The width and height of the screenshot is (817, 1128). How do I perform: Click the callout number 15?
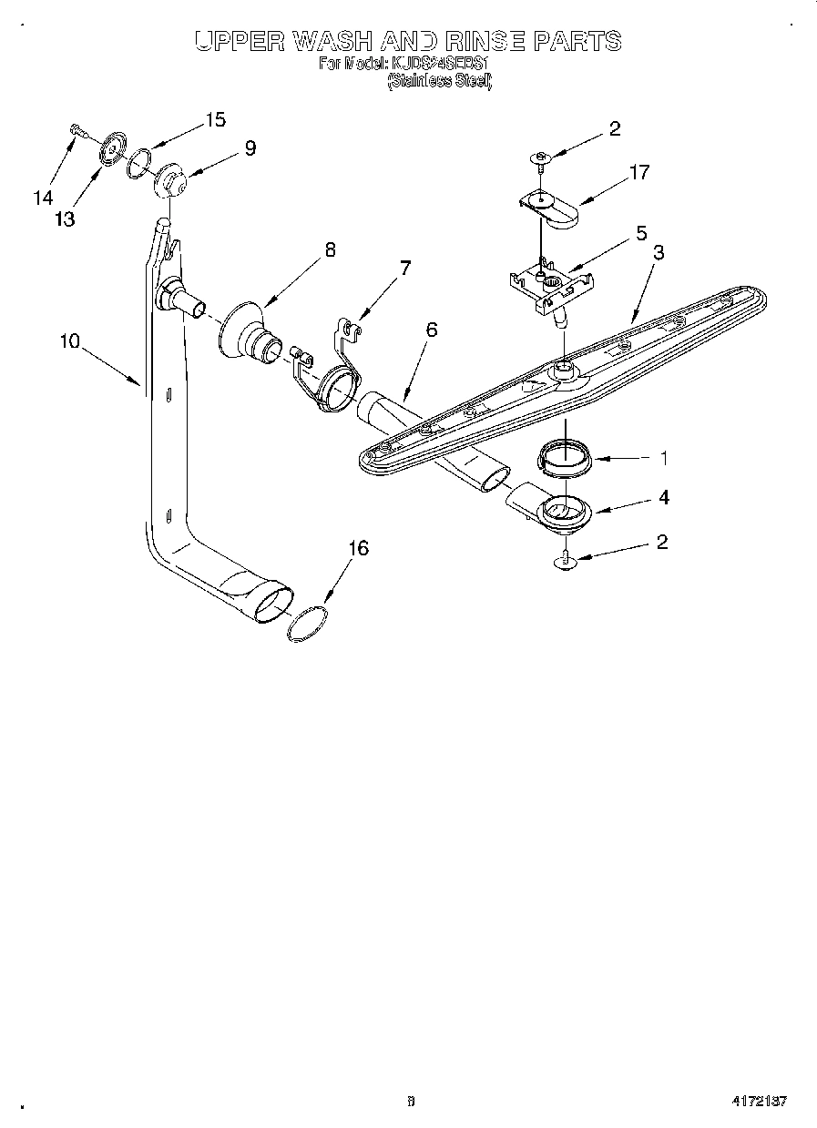[215, 119]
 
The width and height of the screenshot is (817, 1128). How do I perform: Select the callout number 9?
[250, 147]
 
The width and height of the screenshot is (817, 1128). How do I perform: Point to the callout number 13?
[64, 218]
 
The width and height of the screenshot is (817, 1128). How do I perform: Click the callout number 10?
[70, 341]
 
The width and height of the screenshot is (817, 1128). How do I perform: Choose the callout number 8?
[330, 249]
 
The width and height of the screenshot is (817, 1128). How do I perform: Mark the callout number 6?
[431, 329]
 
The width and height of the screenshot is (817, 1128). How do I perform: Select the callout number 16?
[359, 547]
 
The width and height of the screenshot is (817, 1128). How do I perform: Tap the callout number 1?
[664, 457]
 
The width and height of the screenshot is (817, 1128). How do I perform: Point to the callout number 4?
[664, 497]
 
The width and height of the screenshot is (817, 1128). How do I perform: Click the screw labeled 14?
[76, 131]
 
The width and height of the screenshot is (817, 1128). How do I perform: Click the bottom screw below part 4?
[566, 561]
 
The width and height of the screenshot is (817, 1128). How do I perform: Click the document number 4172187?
[758, 1101]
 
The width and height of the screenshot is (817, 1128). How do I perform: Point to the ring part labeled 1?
[564, 454]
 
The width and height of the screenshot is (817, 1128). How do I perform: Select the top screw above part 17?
[541, 158]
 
